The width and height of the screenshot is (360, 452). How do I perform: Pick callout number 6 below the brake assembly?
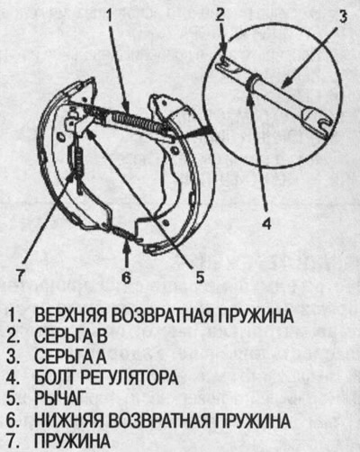(127, 279)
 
